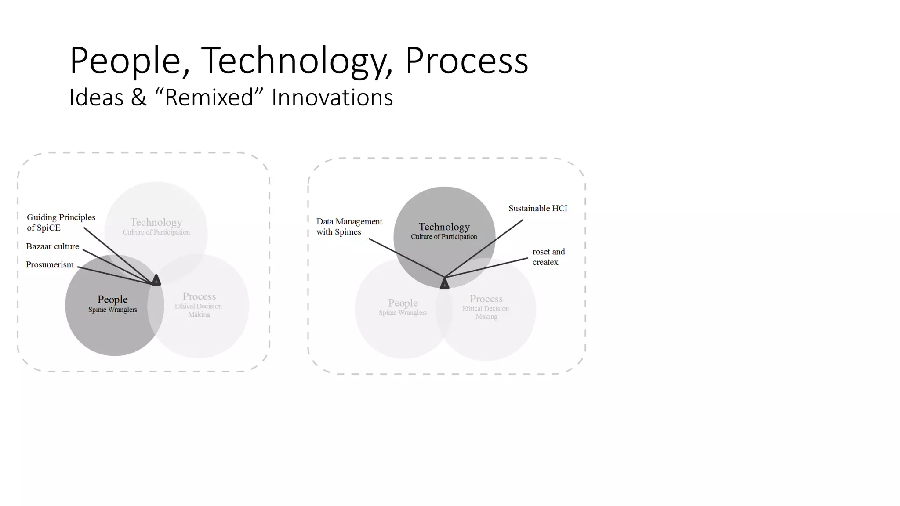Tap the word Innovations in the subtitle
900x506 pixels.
332,98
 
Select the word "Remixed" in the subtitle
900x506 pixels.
210,98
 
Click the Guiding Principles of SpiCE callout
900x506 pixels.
61,222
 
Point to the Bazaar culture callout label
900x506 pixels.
52,246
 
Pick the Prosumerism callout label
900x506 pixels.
50,264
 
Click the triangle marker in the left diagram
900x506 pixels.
156,280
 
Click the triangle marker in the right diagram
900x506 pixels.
444,284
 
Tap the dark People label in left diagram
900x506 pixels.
112,299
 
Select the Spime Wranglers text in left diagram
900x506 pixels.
112,310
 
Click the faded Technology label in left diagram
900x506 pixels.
156,222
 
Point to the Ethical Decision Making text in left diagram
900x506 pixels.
199,310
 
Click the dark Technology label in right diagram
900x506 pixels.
444,227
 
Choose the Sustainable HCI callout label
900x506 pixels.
537,208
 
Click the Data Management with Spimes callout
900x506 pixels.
349,227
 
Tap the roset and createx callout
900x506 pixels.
548,257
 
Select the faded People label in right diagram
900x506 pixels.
403,303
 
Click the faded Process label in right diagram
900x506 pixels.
486,299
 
